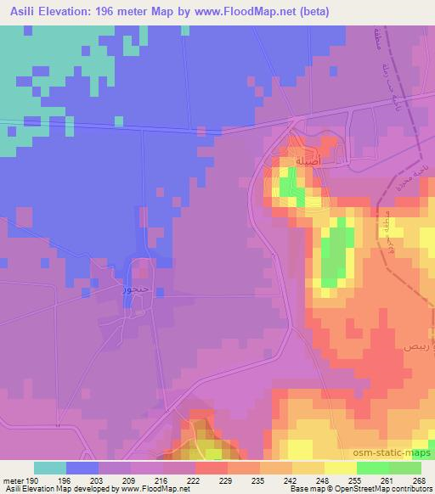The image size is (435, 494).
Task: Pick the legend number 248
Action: [323, 480]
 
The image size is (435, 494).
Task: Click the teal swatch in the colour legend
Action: [50, 468]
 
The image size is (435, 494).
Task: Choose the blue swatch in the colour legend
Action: [82, 468]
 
